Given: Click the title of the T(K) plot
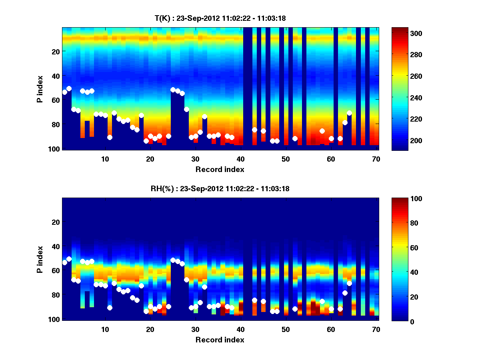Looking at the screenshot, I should [x=220, y=18].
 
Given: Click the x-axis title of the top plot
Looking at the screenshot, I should [x=220, y=169].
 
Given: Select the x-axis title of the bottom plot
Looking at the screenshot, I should [x=220, y=340].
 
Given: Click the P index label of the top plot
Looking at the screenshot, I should [x=40, y=88].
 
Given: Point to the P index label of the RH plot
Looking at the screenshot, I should [x=40, y=259].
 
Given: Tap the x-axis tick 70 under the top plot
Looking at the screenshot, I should [x=376, y=159].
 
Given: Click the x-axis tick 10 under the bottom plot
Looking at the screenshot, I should [x=105, y=329].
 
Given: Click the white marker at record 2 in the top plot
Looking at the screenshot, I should [x=69, y=88].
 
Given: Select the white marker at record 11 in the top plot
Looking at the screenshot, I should [x=110, y=137].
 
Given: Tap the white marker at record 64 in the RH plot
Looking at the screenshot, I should [x=349, y=283].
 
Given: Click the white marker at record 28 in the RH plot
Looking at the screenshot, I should [x=186, y=280].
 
